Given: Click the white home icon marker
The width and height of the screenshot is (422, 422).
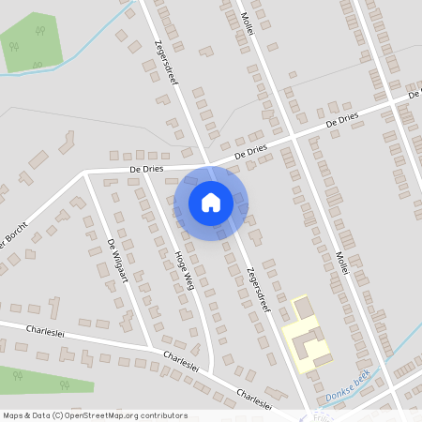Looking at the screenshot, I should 211,202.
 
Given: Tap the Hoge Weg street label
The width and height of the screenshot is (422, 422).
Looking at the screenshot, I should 183,269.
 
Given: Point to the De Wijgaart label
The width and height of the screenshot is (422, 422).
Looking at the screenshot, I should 116,260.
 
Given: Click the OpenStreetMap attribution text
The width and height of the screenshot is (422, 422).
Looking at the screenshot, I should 94,414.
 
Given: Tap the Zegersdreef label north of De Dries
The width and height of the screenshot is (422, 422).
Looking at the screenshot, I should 166,61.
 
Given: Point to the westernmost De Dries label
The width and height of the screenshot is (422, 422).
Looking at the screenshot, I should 147,169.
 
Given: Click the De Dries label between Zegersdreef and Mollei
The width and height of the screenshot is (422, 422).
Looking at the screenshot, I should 250,149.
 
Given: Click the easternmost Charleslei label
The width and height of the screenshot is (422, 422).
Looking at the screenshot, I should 254,399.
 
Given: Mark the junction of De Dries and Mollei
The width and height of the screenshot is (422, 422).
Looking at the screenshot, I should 294,135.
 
